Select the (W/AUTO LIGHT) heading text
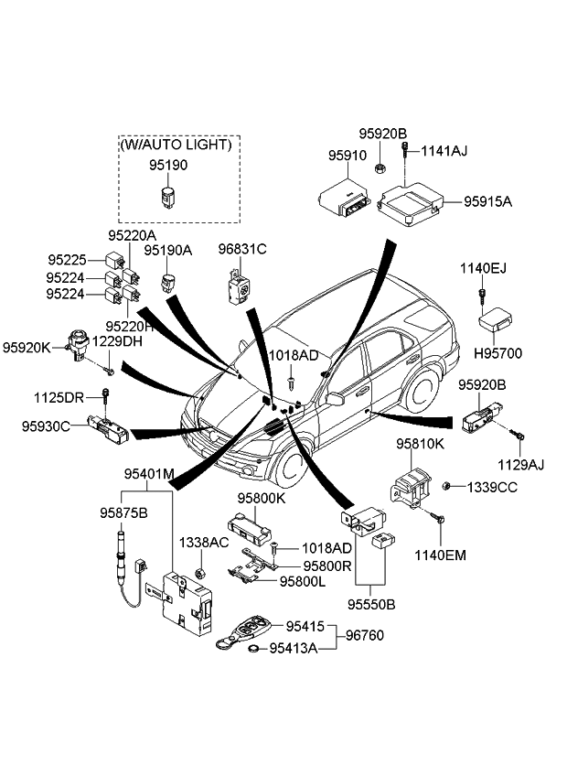coord(177,145)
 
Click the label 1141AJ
coord(444,151)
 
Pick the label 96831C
coord(241,248)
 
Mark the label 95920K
coord(27,347)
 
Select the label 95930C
coord(47,426)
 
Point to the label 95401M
coord(149,474)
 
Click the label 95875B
coord(123,513)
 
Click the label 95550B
coord(370,605)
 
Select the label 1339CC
coord(494,487)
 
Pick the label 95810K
coord(420,444)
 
